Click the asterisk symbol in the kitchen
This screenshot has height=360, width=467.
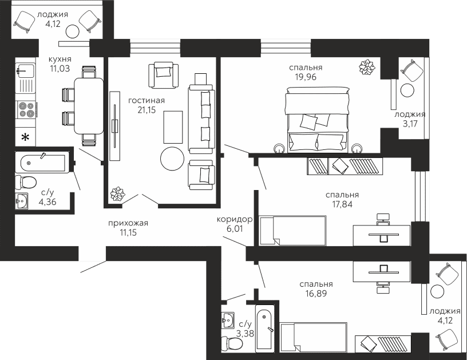[x=26, y=137]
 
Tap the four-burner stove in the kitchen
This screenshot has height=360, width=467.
[x=26, y=109]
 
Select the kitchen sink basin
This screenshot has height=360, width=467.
[x=25, y=70]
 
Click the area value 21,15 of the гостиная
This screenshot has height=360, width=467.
[x=147, y=110]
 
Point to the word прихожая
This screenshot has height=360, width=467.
[x=128, y=223]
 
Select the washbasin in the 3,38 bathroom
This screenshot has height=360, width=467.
[x=228, y=320]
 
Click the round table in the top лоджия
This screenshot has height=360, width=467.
[x=72, y=31]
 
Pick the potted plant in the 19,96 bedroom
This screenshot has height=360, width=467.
[x=367, y=68]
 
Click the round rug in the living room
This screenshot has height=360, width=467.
[x=172, y=159]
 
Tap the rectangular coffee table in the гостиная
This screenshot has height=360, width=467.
[x=173, y=127]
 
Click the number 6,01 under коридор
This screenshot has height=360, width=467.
[x=232, y=228]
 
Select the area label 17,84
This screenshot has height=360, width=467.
[x=342, y=204]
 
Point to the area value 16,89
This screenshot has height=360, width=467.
[x=316, y=293]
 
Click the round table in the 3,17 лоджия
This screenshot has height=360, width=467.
[x=407, y=90]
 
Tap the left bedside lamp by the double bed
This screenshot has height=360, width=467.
[x=279, y=149]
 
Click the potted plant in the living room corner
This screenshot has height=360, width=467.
[x=118, y=194]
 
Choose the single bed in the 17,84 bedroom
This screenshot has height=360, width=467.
[x=293, y=231]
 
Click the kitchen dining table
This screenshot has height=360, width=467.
[x=89, y=106]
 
